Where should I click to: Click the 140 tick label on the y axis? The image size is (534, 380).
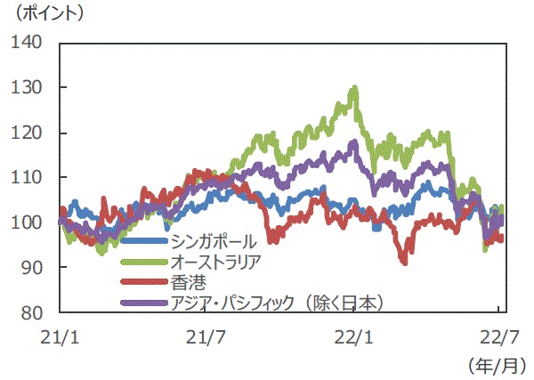29,43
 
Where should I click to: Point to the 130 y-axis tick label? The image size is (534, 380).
29,87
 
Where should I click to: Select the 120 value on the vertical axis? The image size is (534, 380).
29,133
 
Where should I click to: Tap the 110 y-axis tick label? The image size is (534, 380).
29,177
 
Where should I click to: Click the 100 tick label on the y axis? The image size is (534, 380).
29,222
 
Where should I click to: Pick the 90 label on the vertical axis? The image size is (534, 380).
34,267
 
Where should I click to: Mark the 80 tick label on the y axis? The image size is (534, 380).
34,312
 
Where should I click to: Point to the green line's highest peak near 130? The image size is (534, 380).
355,88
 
